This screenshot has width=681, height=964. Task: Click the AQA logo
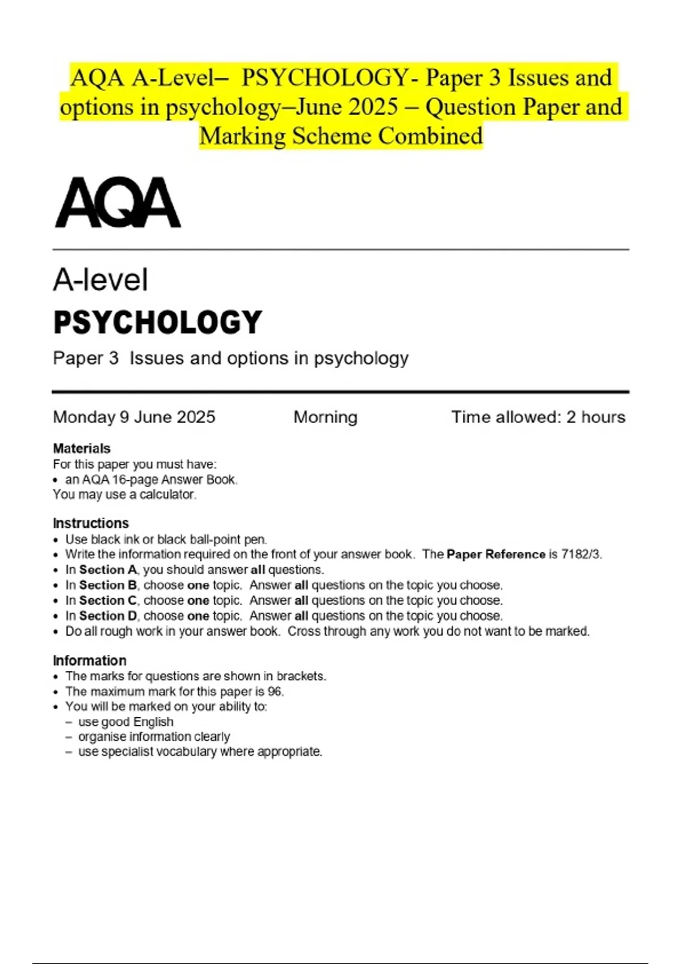coord(118,203)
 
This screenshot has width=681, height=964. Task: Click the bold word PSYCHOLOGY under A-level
coord(158,322)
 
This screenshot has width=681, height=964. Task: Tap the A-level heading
coord(100,280)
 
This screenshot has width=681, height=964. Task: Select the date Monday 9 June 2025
coord(134,417)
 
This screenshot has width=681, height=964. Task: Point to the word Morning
coord(325,417)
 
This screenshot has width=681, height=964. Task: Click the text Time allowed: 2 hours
coord(538,417)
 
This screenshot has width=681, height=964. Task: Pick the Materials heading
coord(82,449)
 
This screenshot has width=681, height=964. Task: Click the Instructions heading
coord(91,523)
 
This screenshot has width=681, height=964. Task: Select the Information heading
coord(90,661)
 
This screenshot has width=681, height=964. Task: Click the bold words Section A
coord(108,570)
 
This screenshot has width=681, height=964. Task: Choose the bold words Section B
coord(108,585)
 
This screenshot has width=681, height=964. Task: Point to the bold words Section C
coord(108,601)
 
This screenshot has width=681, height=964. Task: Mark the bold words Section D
coord(108,616)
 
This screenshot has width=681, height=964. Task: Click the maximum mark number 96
coord(275,692)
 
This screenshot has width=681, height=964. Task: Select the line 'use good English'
coord(126,722)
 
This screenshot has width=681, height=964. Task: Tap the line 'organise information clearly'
coord(154,737)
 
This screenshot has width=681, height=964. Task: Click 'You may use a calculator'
coord(124,494)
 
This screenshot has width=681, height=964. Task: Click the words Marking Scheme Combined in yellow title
coord(341,136)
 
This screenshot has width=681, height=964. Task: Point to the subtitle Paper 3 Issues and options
coord(230,358)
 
